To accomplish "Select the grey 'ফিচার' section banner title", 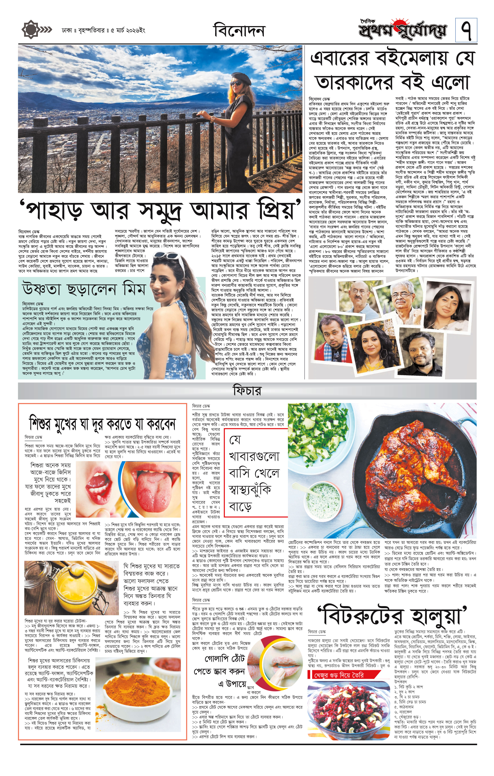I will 247,391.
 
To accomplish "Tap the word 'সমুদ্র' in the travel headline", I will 163,210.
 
